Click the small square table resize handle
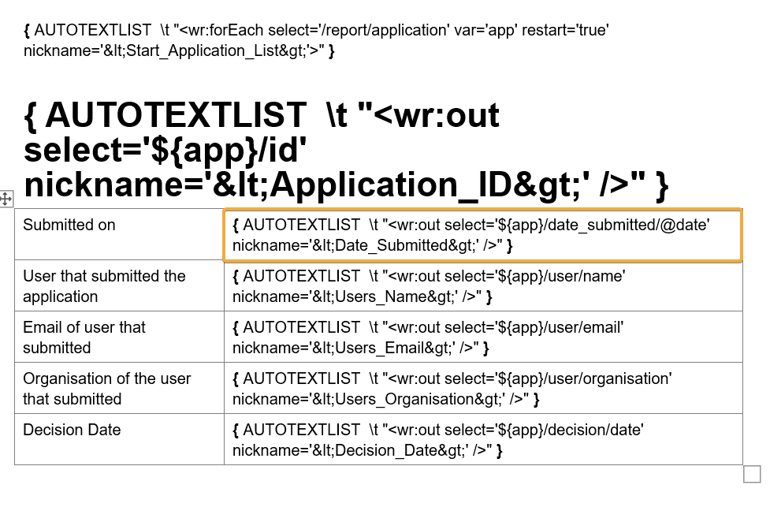pos(752,474)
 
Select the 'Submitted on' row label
pos(69,226)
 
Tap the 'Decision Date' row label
pos(72,431)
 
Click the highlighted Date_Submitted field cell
pos(482,235)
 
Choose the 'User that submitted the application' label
pos(104,286)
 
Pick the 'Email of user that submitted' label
pos(84,337)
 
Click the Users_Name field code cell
pos(482,286)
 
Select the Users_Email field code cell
pos(482,337)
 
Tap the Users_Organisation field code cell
pos(482,389)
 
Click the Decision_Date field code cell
pos(482,440)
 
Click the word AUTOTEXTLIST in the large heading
pos(175,116)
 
